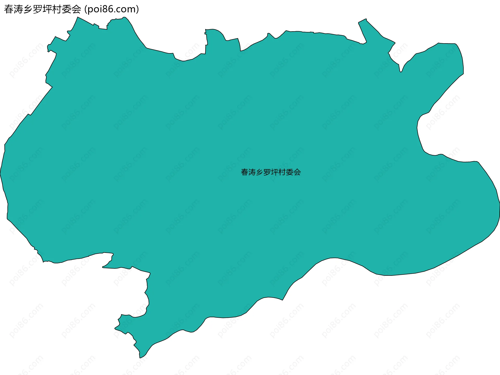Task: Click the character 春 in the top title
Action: [x=9, y=9]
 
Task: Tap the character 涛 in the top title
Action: [x=19, y=9]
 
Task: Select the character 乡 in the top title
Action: [x=28, y=9]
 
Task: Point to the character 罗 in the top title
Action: [x=38, y=9]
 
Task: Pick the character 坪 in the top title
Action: [x=48, y=9]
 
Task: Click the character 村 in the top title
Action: [x=57, y=9]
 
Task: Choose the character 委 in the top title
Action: [x=67, y=9]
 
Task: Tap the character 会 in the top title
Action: [x=77, y=9]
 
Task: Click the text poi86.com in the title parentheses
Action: [x=112, y=9]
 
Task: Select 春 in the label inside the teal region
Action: [x=245, y=172]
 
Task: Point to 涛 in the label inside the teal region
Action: [x=252, y=172]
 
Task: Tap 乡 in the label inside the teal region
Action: [x=260, y=172]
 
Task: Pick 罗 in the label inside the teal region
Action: [x=267, y=172]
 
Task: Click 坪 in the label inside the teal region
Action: [x=275, y=172]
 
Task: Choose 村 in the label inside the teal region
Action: [x=282, y=172]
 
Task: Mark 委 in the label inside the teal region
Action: [x=290, y=172]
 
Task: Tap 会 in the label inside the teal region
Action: [x=297, y=172]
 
